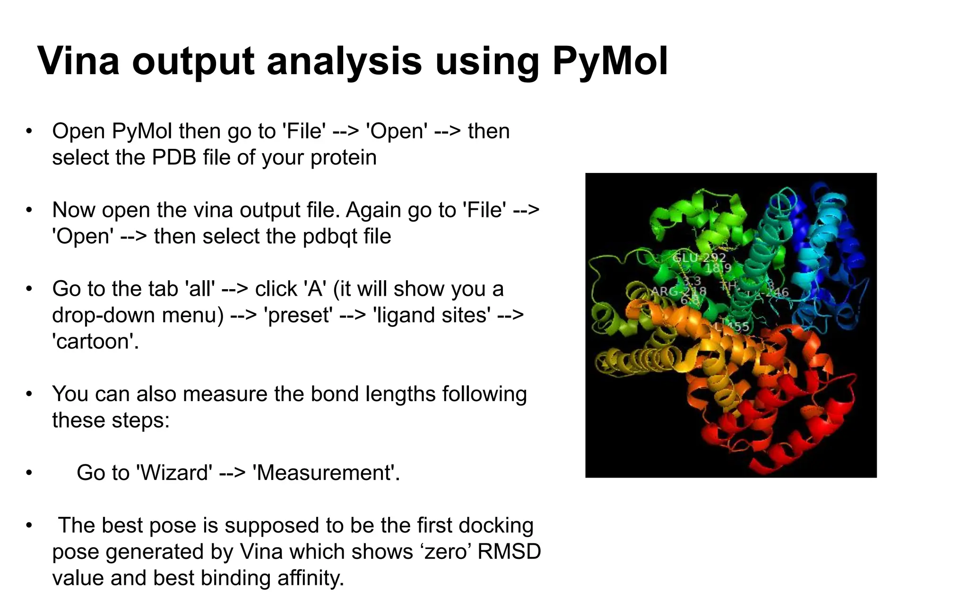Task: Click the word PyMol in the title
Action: (610, 61)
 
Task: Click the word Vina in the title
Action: (78, 61)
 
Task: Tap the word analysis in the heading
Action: (344, 61)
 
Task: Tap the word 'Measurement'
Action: (326, 473)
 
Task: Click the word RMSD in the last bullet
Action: (509, 552)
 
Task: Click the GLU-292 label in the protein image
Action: (699, 258)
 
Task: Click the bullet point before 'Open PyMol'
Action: (29, 131)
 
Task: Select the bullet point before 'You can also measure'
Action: (29, 394)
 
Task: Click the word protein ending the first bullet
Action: (343, 157)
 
